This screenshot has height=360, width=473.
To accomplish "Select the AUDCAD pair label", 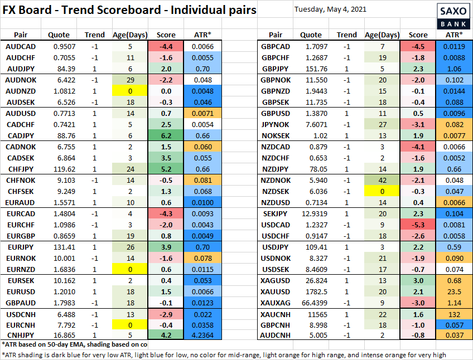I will click(21, 47).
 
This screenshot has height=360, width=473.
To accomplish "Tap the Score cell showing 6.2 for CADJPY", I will click(166, 135).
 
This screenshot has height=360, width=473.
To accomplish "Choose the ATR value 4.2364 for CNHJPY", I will click(202, 336).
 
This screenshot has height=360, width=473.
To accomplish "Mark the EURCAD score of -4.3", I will click(166, 214).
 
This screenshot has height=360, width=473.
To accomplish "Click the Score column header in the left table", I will click(166, 35).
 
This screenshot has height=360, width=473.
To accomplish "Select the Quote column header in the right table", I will click(310, 35).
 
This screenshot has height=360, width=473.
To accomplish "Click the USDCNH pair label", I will click(21, 315).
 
